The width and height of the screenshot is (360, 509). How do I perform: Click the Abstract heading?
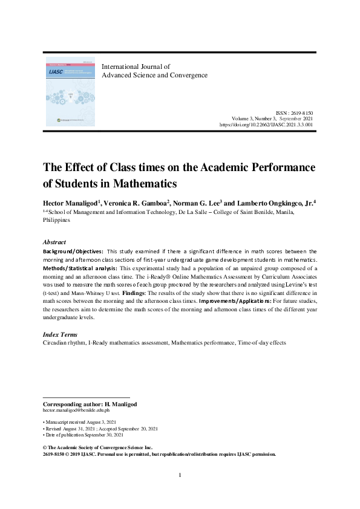coord(55,241)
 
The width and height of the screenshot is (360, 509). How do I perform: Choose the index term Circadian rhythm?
coord(64,343)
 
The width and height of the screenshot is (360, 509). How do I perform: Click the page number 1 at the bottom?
coord(180,475)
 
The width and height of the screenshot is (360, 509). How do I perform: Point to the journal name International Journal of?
coord(136,66)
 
